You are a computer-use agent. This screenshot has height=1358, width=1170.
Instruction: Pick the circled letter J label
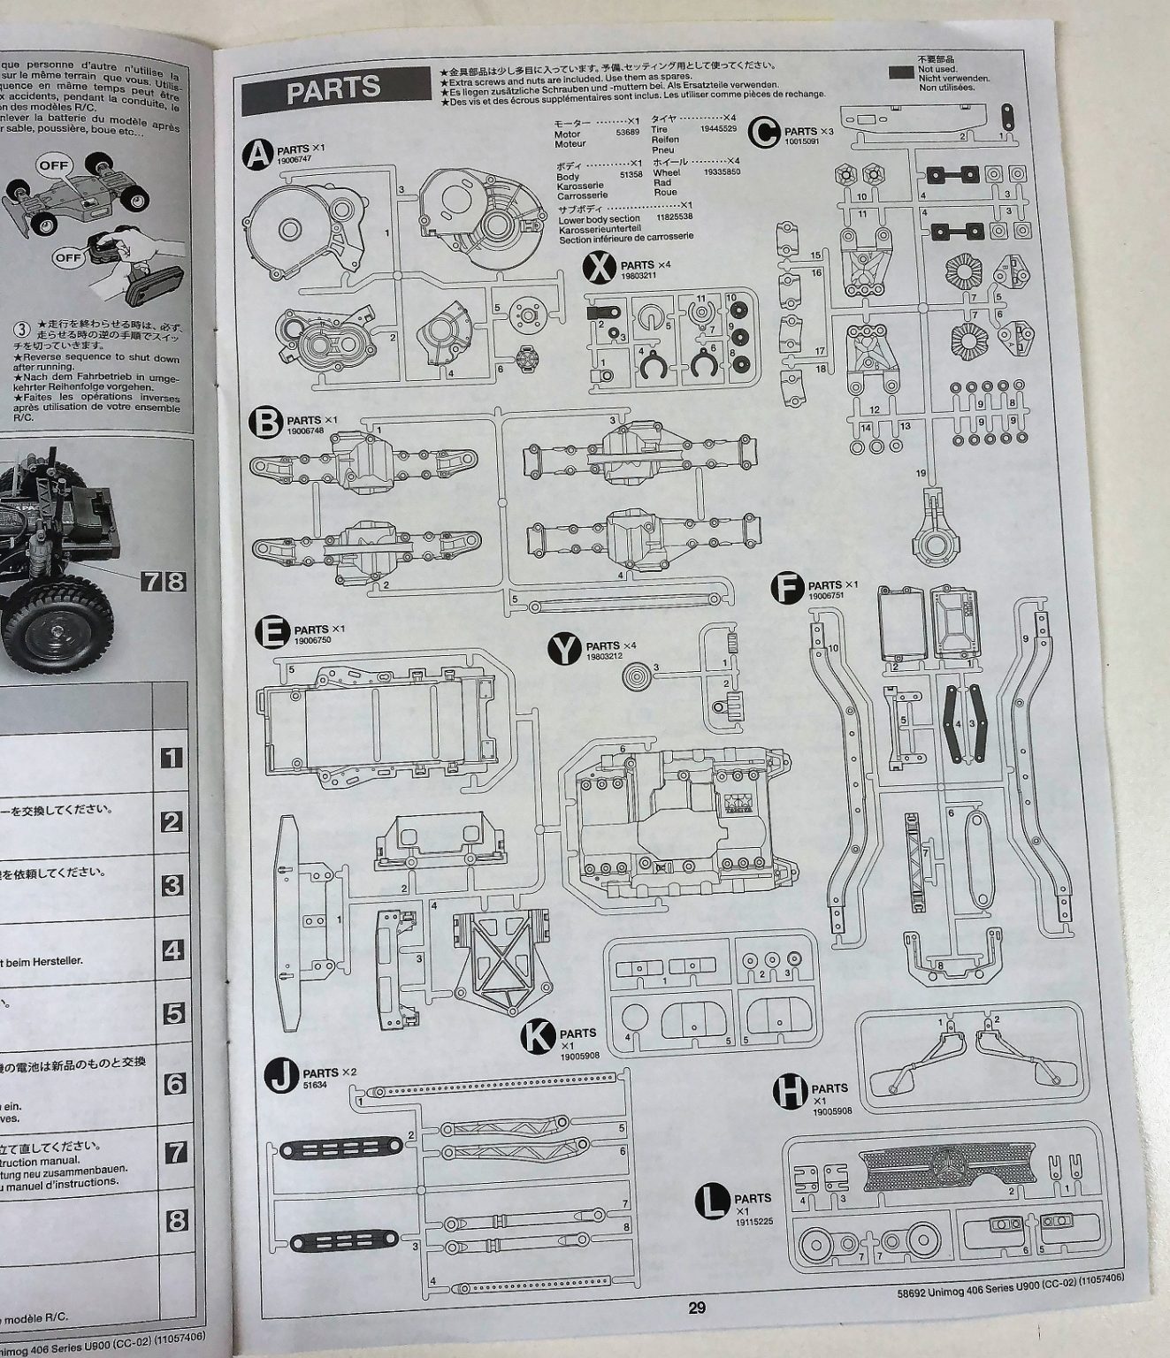coord(281,1078)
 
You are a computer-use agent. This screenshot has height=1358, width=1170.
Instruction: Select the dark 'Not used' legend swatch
coord(901,75)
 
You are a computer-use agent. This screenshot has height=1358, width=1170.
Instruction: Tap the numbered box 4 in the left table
coord(173,950)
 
